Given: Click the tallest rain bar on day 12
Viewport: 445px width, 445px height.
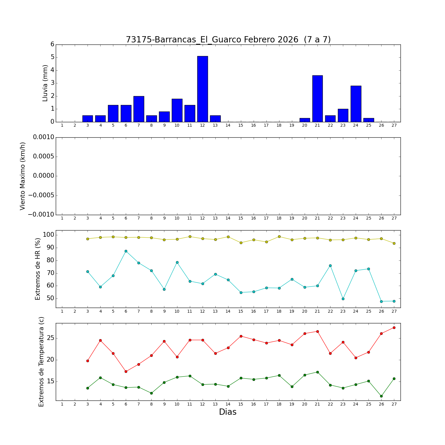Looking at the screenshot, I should [x=202, y=89].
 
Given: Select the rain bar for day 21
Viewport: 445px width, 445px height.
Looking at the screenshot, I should [x=317, y=98].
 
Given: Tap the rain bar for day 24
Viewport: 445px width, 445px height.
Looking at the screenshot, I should [x=356, y=104].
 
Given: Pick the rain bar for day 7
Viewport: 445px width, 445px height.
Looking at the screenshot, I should [x=139, y=109].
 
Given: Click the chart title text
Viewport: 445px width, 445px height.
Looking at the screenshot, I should [x=228, y=40].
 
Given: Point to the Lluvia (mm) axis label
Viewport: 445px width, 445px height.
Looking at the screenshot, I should [x=45, y=83].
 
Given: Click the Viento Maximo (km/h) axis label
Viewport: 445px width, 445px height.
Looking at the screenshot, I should [x=23, y=176].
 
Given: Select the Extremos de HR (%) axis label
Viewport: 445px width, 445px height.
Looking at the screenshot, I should [x=38, y=269].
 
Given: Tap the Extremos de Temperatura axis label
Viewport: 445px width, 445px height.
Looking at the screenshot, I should [x=41, y=362].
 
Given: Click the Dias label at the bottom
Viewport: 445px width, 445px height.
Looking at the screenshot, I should [x=228, y=412].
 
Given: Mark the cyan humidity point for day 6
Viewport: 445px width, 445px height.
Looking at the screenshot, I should [x=126, y=251].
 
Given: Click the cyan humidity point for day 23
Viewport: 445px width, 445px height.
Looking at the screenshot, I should [x=343, y=299].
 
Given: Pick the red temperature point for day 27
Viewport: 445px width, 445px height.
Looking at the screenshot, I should [x=394, y=328].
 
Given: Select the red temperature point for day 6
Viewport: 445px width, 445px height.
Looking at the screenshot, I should [x=126, y=371].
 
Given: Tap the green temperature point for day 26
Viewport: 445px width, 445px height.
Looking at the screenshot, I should [x=381, y=396].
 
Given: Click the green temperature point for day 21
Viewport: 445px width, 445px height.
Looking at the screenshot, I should [x=317, y=372].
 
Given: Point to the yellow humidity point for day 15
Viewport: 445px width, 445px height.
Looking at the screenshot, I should [x=241, y=243].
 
